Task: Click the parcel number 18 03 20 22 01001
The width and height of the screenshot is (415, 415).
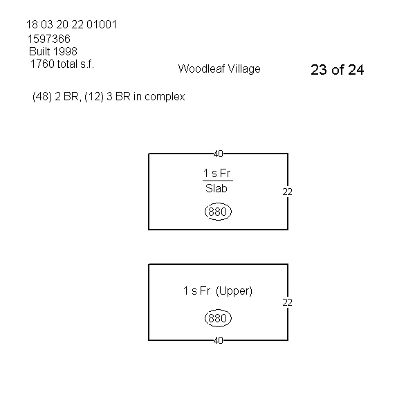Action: click(x=71, y=25)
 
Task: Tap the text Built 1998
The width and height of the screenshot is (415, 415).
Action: click(x=53, y=51)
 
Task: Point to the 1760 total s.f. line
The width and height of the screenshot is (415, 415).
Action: click(x=62, y=64)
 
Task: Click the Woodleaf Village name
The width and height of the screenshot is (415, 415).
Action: click(x=219, y=68)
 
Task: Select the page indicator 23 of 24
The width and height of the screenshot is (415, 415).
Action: click(x=338, y=70)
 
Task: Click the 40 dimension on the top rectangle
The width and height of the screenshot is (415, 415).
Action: click(x=218, y=154)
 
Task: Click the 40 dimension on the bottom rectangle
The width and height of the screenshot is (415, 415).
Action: click(x=218, y=340)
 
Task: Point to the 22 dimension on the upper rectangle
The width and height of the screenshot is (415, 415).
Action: click(x=288, y=192)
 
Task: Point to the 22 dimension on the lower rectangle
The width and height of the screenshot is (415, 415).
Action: click(x=288, y=302)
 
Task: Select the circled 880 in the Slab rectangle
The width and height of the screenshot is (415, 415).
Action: click(x=218, y=212)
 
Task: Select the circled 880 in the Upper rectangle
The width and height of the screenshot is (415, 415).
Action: click(x=218, y=319)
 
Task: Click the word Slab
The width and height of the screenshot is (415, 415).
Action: click(x=217, y=188)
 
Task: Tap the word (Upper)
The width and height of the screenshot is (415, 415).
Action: click(x=234, y=291)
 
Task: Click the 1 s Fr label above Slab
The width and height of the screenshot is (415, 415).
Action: click(x=217, y=173)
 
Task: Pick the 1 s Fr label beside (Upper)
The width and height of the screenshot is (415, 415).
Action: click(x=196, y=291)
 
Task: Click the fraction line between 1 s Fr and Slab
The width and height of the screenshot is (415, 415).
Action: click(x=217, y=181)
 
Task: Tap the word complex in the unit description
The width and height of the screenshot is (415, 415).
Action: click(x=167, y=98)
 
